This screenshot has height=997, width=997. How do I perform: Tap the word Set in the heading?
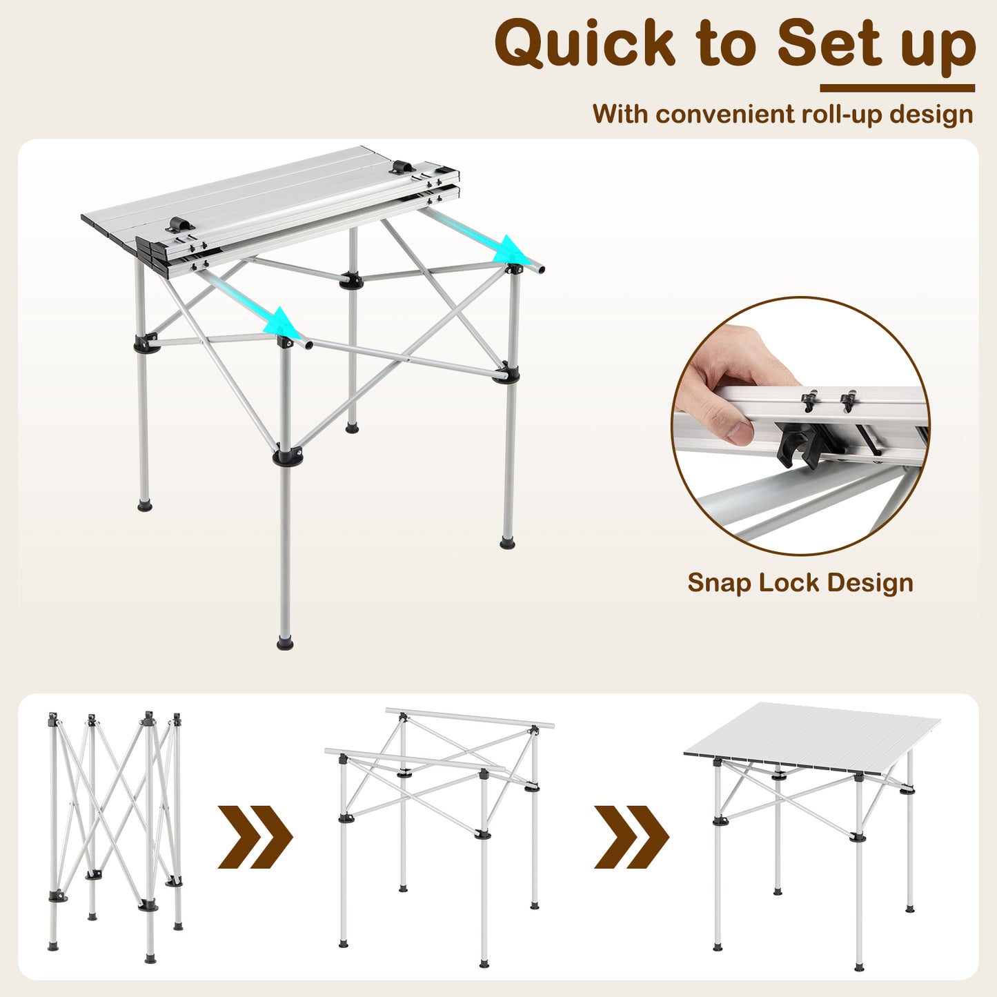pyautogui.click(x=826, y=43)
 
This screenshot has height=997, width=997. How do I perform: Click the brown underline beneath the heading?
pyautogui.click(x=897, y=88)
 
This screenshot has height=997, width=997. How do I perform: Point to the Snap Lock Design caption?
pyautogui.click(x=800, y=583)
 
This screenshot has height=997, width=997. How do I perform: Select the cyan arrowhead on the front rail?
pyautogui.click(x=283, y=322)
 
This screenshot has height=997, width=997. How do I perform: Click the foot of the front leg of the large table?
pyautogui.click(x=285, y=643)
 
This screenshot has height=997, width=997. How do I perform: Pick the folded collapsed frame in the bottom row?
pyautogui.click(x=115, y=835)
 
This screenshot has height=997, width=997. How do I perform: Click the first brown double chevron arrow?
pyautogui.click(x=255, y=836)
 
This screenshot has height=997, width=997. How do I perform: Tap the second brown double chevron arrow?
pyautogui.click(x=631, y=836)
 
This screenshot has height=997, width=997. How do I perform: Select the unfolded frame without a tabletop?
pyautogui.click(x=440, y=828)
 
